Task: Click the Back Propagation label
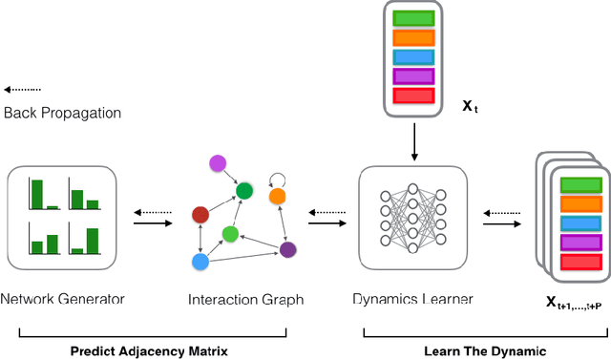pyautogui.click(x=62, y=114)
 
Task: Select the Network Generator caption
pyautogui.click(x=62, y=299)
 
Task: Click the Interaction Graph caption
pyautogui.click(x=244, y=300)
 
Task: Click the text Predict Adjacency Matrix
pyautogui.click(x=153, y=350)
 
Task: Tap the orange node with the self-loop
pyautogui.click(x=277, y=196)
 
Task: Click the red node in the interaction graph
pyautogui.click(x=200, y=214)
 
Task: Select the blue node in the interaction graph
pyautogui.click(x=200, y=261)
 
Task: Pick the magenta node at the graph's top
pyautogui.click(x=218, y=164)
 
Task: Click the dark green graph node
pyautogui.click(x=244, y=191)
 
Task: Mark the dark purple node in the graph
pyautogui.click(x=287, y=250)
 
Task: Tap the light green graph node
pyautogui.click(x=230, y=233)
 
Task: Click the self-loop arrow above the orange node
pyautogui.click(x=277, y=178)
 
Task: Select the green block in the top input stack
pyautogui.click(x=412, y=18)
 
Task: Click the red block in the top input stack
pyautogui.click(x=412, y=95)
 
